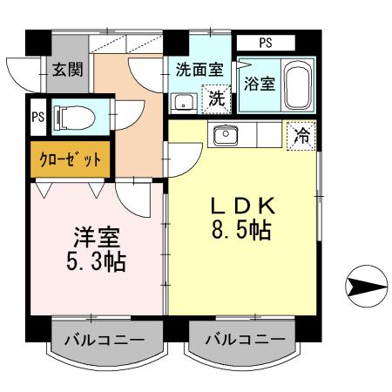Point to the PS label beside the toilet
point(37,118)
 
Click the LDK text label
point(243,206)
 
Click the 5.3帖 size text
point(96,261)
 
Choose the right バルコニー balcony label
point(245,339)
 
